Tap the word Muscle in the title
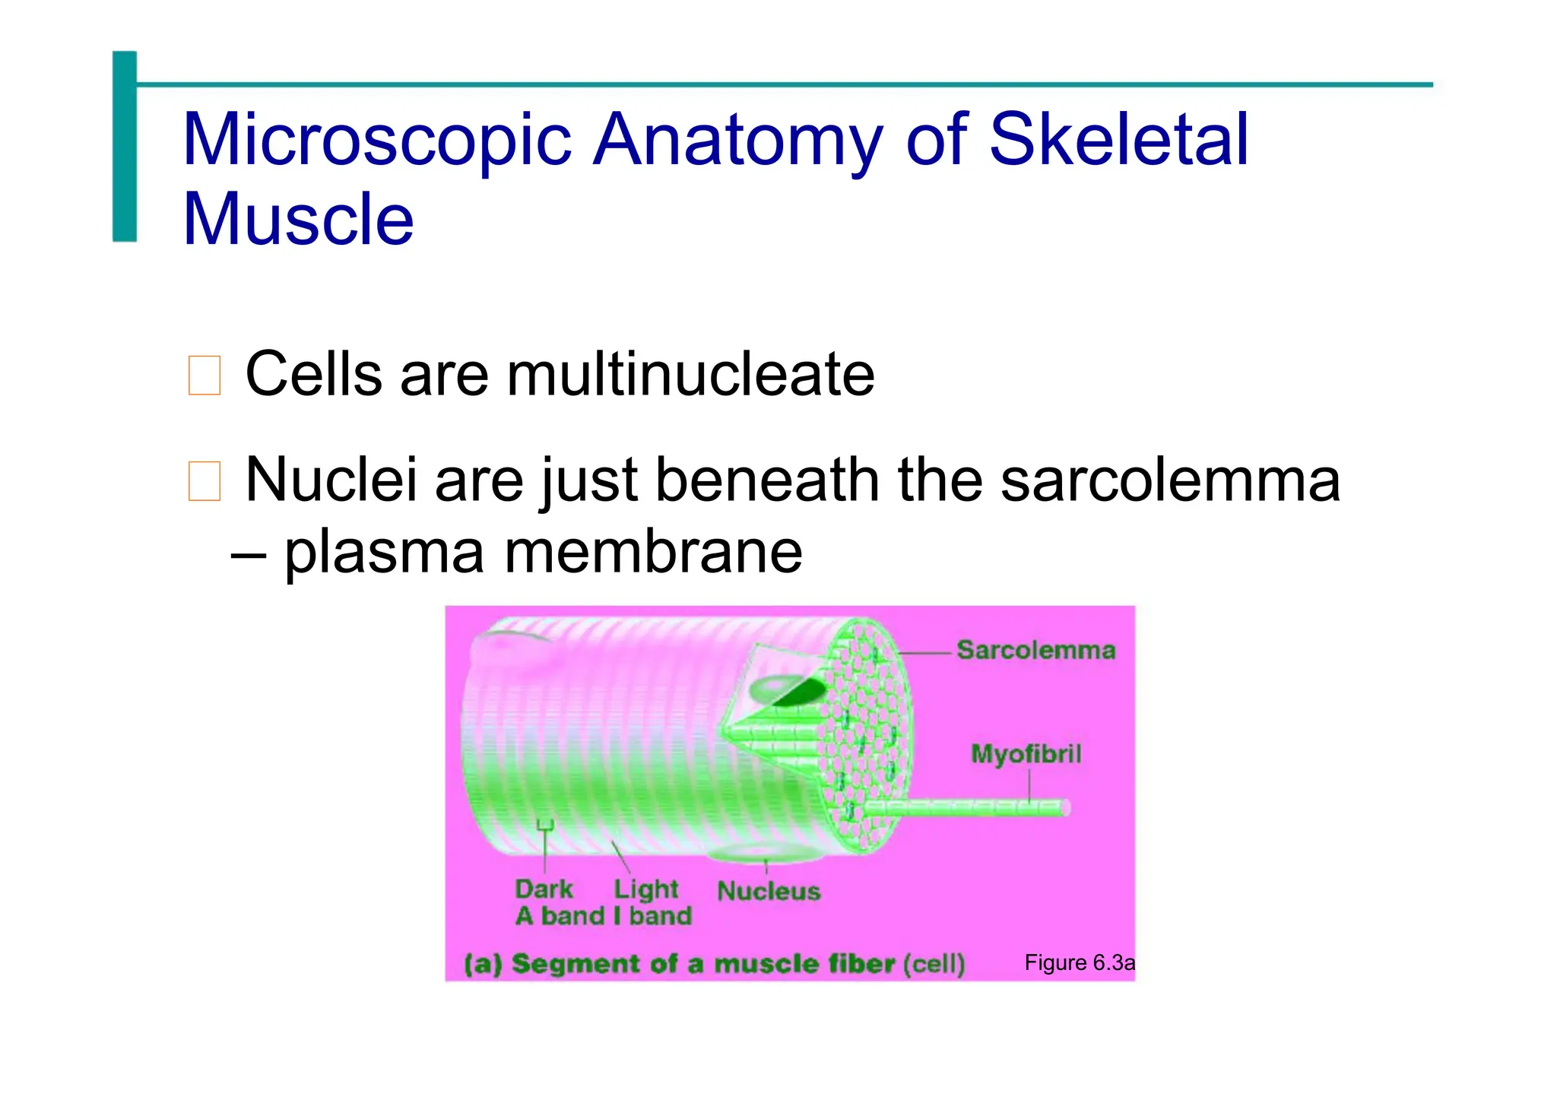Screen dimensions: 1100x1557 298,220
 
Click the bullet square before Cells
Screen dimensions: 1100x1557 204,376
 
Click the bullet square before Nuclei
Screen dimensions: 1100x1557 204,481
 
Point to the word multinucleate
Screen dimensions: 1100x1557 690,374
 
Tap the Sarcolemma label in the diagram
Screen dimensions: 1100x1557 1035,651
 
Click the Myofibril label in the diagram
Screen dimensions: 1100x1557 1026,754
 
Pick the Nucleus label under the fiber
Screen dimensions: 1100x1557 769,891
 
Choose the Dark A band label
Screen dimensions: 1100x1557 544,902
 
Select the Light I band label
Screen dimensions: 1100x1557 652,902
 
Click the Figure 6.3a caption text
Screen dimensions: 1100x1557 1079,963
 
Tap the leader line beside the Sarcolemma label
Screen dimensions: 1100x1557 926,653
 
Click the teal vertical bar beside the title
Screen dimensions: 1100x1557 125,146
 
